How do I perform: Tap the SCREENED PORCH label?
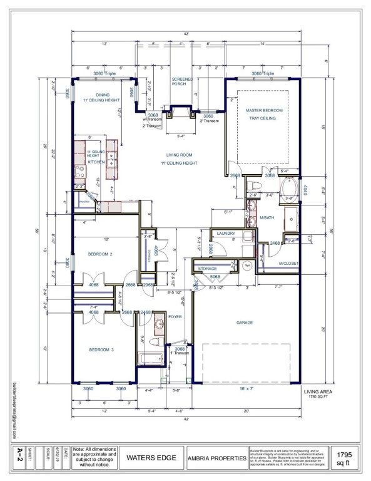[183, 82]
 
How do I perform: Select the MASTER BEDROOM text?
[264, 111]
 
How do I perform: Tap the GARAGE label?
[245, 323]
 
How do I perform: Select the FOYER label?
[175, 317]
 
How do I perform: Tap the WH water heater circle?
[248, 266]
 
